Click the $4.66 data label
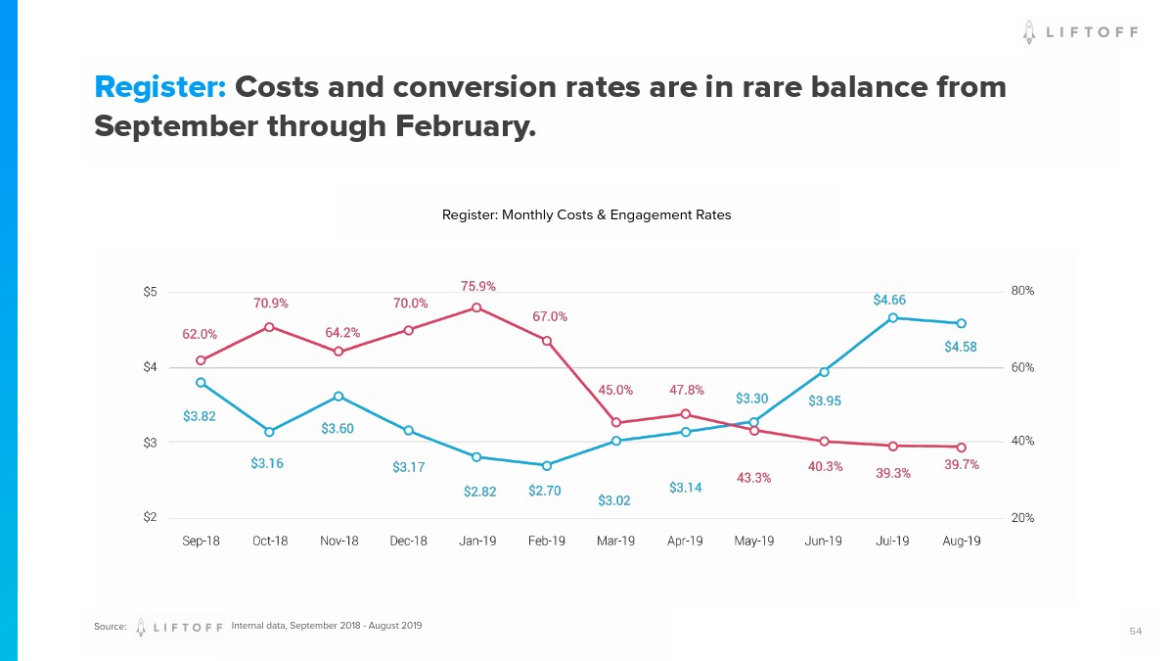click(x=889, y=301)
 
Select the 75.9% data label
click(x=478, y=286)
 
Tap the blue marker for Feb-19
click(x=547, y=465)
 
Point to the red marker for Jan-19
click(x=476, y=307)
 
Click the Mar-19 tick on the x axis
click(x=615, y=542)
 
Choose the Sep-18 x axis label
click(x=201, y=542)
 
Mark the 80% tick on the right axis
click(x=1022, y=291)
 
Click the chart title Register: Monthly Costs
click(x=586, y=214)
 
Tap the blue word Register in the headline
click(x=160, y=87)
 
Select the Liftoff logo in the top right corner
click(x=1080, y=32)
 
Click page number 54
click(x=1135, y=632)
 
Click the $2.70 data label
click(x=544, y=491)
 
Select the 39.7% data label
click(x=962, y=464)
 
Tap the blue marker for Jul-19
click(x=892, y=317)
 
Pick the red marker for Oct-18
click(x=269, y=327)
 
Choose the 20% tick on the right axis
click(x=1022, y=518)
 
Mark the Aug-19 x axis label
click(x=961, y=542)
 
